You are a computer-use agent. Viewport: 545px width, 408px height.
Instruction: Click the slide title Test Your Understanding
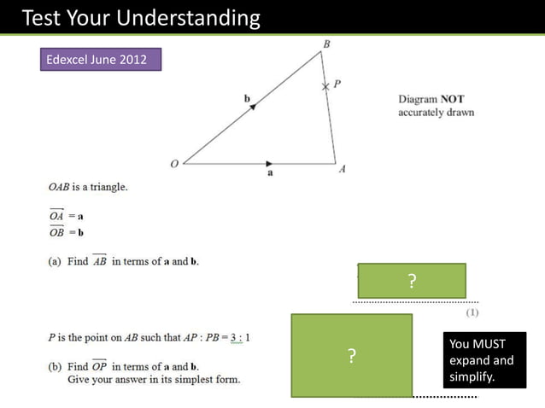click(140, 17)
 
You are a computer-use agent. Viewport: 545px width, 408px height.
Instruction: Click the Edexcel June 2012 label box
click(101, 60)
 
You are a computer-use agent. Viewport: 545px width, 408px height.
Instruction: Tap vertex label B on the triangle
click(326, 44)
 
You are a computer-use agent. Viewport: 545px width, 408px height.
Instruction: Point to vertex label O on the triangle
click(174, 163)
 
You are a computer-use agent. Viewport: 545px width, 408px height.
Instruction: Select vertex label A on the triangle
click(342, 168)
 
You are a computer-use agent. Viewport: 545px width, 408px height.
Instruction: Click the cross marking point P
click(325, 87)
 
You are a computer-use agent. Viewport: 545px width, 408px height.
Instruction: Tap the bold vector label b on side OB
click(247, 100)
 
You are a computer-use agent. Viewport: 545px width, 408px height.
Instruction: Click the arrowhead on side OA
click(270, 162)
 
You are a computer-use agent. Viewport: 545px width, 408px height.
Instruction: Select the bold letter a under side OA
click(270, 173)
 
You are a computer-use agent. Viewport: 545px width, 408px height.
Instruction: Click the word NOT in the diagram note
click(452, 99)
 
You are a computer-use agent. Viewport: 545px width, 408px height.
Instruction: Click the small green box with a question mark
click(412, 281)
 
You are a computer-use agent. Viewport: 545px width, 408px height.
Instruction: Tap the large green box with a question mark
click(351, 356)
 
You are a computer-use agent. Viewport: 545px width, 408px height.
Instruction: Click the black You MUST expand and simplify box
click(483, 360)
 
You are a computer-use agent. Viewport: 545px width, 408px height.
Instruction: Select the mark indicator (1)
click(472, 313)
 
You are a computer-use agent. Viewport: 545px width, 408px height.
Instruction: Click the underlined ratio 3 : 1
click(233, 337)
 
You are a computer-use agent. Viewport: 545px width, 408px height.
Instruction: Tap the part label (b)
click(55, 366)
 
